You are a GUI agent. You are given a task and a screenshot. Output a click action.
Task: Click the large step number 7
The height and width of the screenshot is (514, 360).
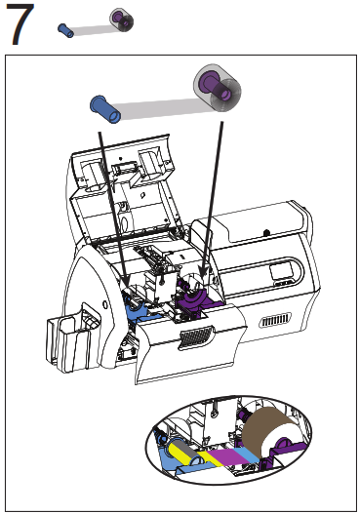[x=20, y=23]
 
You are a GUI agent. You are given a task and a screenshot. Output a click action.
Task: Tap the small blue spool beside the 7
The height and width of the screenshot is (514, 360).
[x=66, y=30]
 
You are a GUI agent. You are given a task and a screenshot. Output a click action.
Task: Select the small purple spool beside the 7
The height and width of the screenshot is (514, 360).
[x=122, y=19]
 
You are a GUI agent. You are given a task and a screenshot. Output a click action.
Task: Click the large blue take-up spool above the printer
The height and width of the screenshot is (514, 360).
[x=105, y=109]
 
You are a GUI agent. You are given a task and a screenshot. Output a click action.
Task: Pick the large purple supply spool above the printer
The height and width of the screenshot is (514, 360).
[x=218, y=87]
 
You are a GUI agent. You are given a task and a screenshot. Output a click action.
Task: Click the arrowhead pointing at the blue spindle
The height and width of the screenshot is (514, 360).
[x=125, y=280]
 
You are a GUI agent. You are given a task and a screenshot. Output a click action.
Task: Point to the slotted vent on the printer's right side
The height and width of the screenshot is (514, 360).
[x=275, y=320]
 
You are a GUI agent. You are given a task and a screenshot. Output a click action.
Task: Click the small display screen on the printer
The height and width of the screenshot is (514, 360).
[x=281, y=272]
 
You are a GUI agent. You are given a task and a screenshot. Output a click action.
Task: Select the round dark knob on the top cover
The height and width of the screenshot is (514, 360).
[x=267, y=232]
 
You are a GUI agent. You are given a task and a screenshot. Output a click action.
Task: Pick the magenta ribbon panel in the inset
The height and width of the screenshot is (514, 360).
[x=226, y=455]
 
